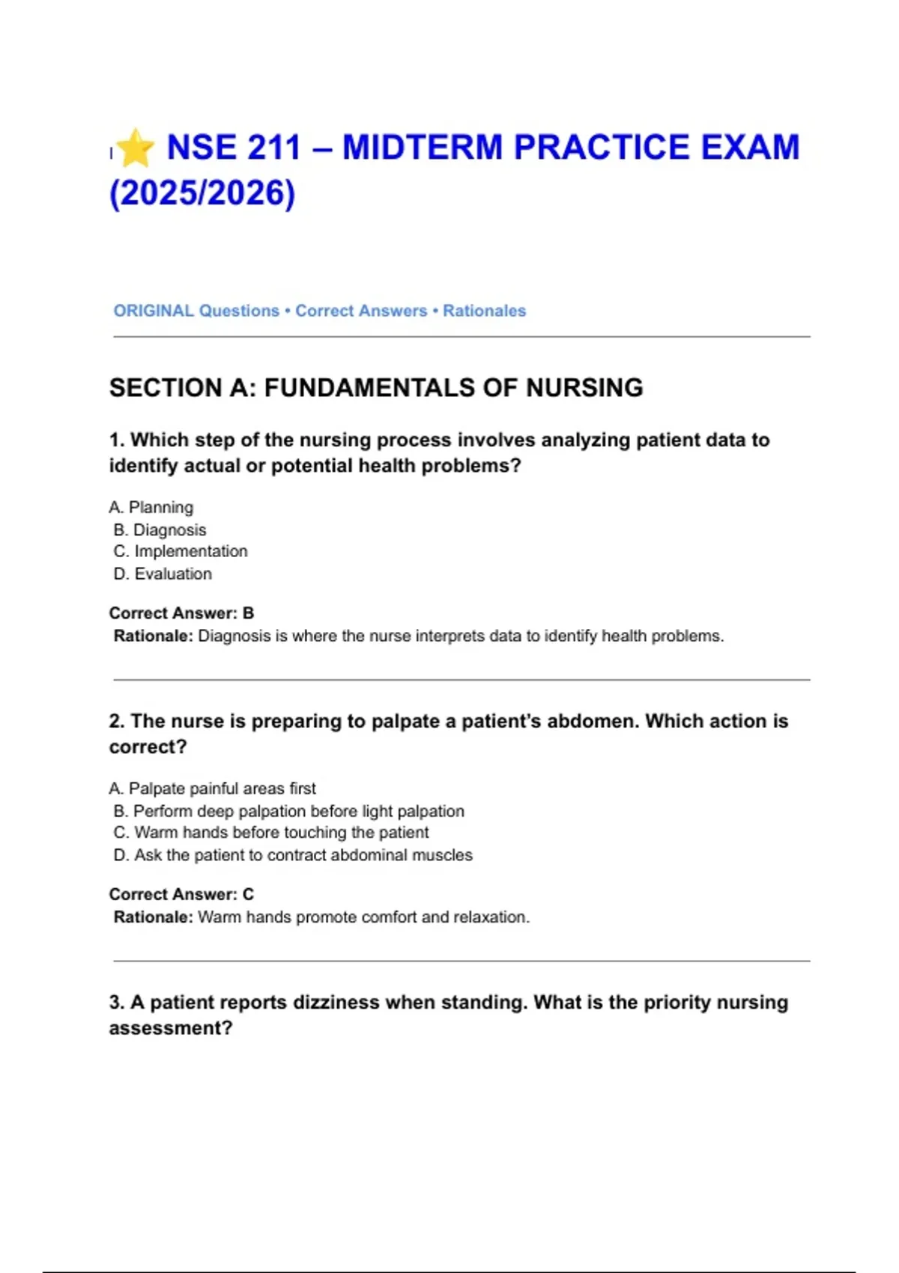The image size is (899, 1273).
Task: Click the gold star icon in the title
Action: (x=136, y=148)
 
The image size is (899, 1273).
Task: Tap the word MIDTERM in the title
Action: (x=423, y=148)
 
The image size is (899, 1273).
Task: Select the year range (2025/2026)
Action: (x=202, y=193)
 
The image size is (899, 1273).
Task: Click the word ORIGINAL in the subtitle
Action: (x=154, y=311)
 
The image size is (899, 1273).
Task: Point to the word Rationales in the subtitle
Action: (x=484, y=311)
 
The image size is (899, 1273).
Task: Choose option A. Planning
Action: (x=151, y=508)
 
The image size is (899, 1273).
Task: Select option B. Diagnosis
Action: (x=160, y=530)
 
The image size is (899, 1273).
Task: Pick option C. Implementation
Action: (x=181, y=552)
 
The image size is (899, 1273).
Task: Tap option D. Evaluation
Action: (x=163, y=574)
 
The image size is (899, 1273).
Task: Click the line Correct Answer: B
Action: (x=182, y=613)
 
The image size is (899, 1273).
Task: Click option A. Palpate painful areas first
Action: (x=213, y=789)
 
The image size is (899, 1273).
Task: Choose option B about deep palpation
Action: (x=289, y=811)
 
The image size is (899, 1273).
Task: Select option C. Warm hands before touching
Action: (x=271, y=833)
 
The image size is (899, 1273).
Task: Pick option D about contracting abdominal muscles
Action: (x=293, y=855)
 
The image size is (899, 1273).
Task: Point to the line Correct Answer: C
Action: (x=182, y=894)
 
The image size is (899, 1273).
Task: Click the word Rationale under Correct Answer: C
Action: (x=153, y=917)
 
